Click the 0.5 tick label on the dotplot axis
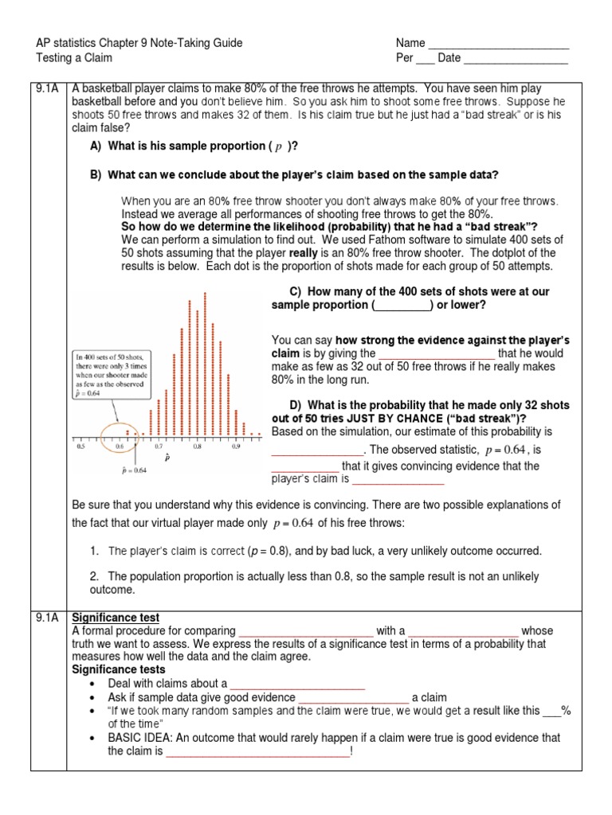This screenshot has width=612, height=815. click(80, 446)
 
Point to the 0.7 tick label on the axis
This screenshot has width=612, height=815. click(159, 446)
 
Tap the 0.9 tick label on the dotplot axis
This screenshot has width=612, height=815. click(237, 446)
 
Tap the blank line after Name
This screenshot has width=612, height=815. click(499, 44)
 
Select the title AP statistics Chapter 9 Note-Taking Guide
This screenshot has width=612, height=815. click(139, 43)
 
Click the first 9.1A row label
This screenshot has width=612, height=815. click(47, 89)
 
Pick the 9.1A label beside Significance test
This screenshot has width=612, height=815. click(47, 618)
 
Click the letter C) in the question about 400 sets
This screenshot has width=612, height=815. click(295, 291)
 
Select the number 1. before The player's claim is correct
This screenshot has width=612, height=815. click(94, 551)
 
